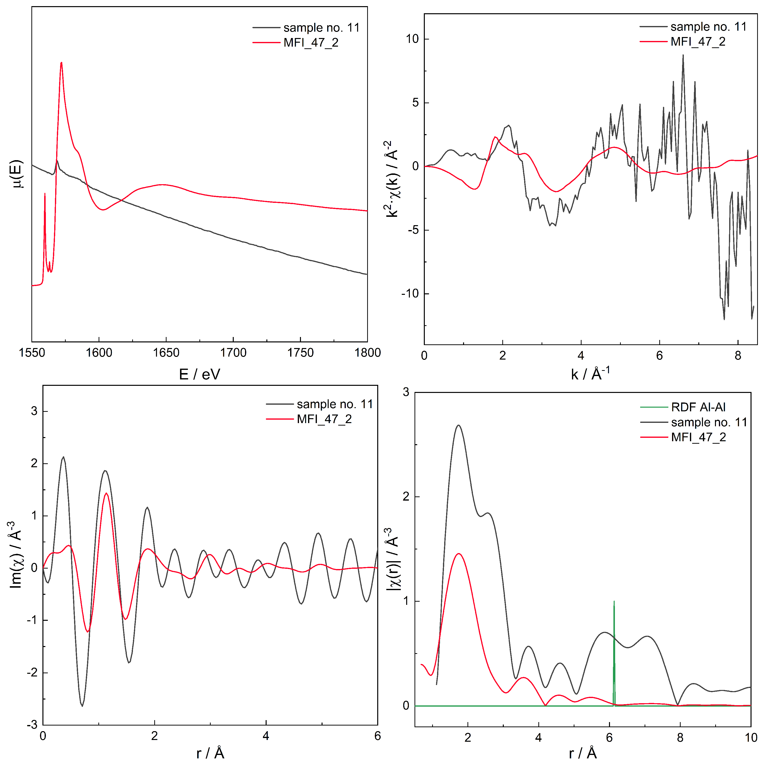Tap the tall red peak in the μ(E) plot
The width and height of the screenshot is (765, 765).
click(61, 63)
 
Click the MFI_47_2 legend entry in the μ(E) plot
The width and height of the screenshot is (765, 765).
click(311, 42)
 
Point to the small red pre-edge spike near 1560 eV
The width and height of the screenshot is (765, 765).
click(45, 194)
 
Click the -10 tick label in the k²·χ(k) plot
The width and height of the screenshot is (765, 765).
click(409, 293)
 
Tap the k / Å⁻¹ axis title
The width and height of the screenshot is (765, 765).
click(590, 373)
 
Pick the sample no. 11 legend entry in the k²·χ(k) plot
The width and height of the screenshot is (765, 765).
click(708, 26)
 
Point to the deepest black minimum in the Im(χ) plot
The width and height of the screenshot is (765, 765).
click(82, 706)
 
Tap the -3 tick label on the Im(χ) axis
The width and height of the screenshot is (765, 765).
click(32, 725)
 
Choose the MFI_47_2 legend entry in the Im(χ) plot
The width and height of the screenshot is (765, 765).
click(324, 419)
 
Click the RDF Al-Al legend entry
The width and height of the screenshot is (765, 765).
click(698, 407)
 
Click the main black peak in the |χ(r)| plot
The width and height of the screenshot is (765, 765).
click(458, 426)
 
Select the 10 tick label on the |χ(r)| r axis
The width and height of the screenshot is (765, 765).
click(751, 738)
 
